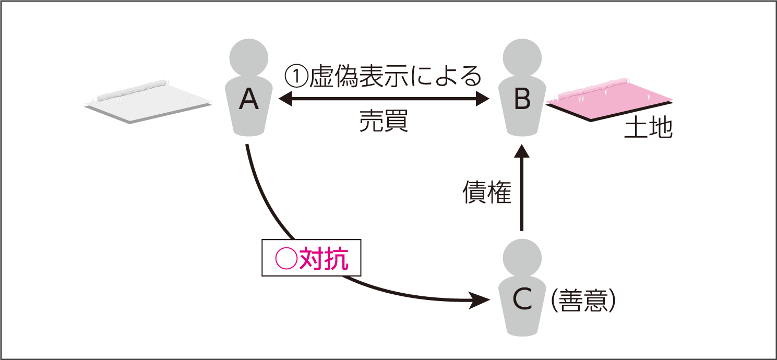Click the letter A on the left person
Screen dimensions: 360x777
(x=249, y=100)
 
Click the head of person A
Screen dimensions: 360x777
(x=249, y=56)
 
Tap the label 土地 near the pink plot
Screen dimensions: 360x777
(x=648, y=128)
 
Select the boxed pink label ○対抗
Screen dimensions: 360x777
(x=311, y=258)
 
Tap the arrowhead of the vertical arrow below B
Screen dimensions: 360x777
(x=522, y=152)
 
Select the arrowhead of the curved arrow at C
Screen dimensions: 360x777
(x=480, y=300)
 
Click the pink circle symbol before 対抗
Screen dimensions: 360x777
(x=286, y=258)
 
